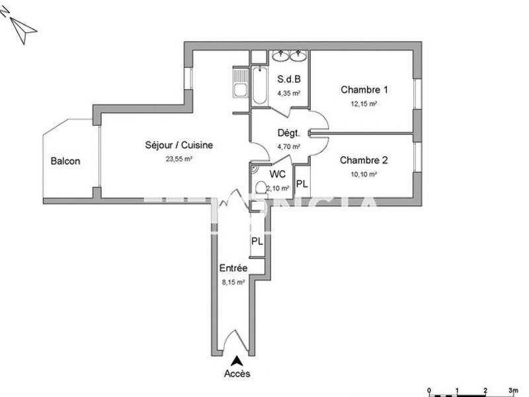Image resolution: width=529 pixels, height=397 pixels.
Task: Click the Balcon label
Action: point(65,161)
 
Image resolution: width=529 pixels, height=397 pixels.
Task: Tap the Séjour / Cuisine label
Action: point(179,146)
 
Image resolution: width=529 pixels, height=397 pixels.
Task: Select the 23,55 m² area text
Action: point(179,159)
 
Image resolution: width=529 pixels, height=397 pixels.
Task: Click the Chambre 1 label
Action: point(364,90)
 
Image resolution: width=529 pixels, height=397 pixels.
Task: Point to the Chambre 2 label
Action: point(364,160)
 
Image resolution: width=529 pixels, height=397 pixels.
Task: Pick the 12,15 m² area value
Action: point(364,104)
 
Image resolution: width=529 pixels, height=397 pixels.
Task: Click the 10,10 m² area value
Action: point(364,175)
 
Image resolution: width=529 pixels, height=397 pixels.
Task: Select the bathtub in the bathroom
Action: point(259,85)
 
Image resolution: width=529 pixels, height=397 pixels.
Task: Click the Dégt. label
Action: point(288,132)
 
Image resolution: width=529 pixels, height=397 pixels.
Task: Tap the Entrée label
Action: point(233,268)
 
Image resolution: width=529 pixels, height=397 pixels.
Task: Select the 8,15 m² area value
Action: point(233,281)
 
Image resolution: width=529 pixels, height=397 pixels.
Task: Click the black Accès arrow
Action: point(236,361)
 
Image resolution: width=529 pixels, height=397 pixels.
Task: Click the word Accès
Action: point(237,374)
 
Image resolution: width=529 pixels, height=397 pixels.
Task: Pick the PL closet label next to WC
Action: point(302,184)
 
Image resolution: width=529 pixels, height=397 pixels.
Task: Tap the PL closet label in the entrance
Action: point(257,242)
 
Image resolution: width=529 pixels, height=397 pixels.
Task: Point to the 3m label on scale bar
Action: point(514,390)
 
